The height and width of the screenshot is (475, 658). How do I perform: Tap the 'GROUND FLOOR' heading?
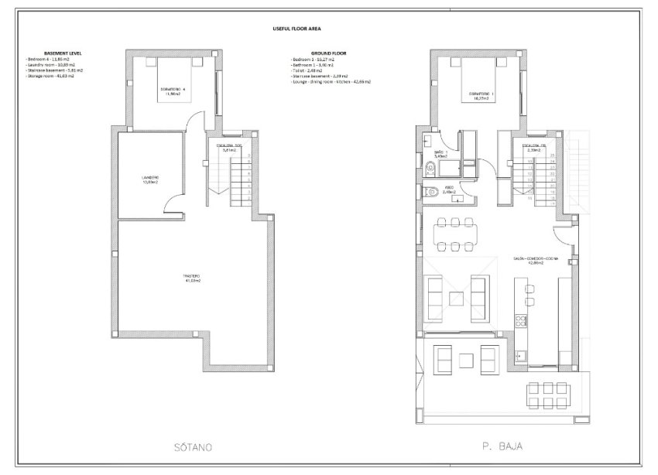click(307, 53)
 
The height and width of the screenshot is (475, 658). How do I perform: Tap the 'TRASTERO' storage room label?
click(193, 279)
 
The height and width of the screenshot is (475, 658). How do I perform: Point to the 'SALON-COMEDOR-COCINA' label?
click(532, 259)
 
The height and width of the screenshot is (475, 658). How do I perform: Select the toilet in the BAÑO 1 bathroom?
click(427, 163)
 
